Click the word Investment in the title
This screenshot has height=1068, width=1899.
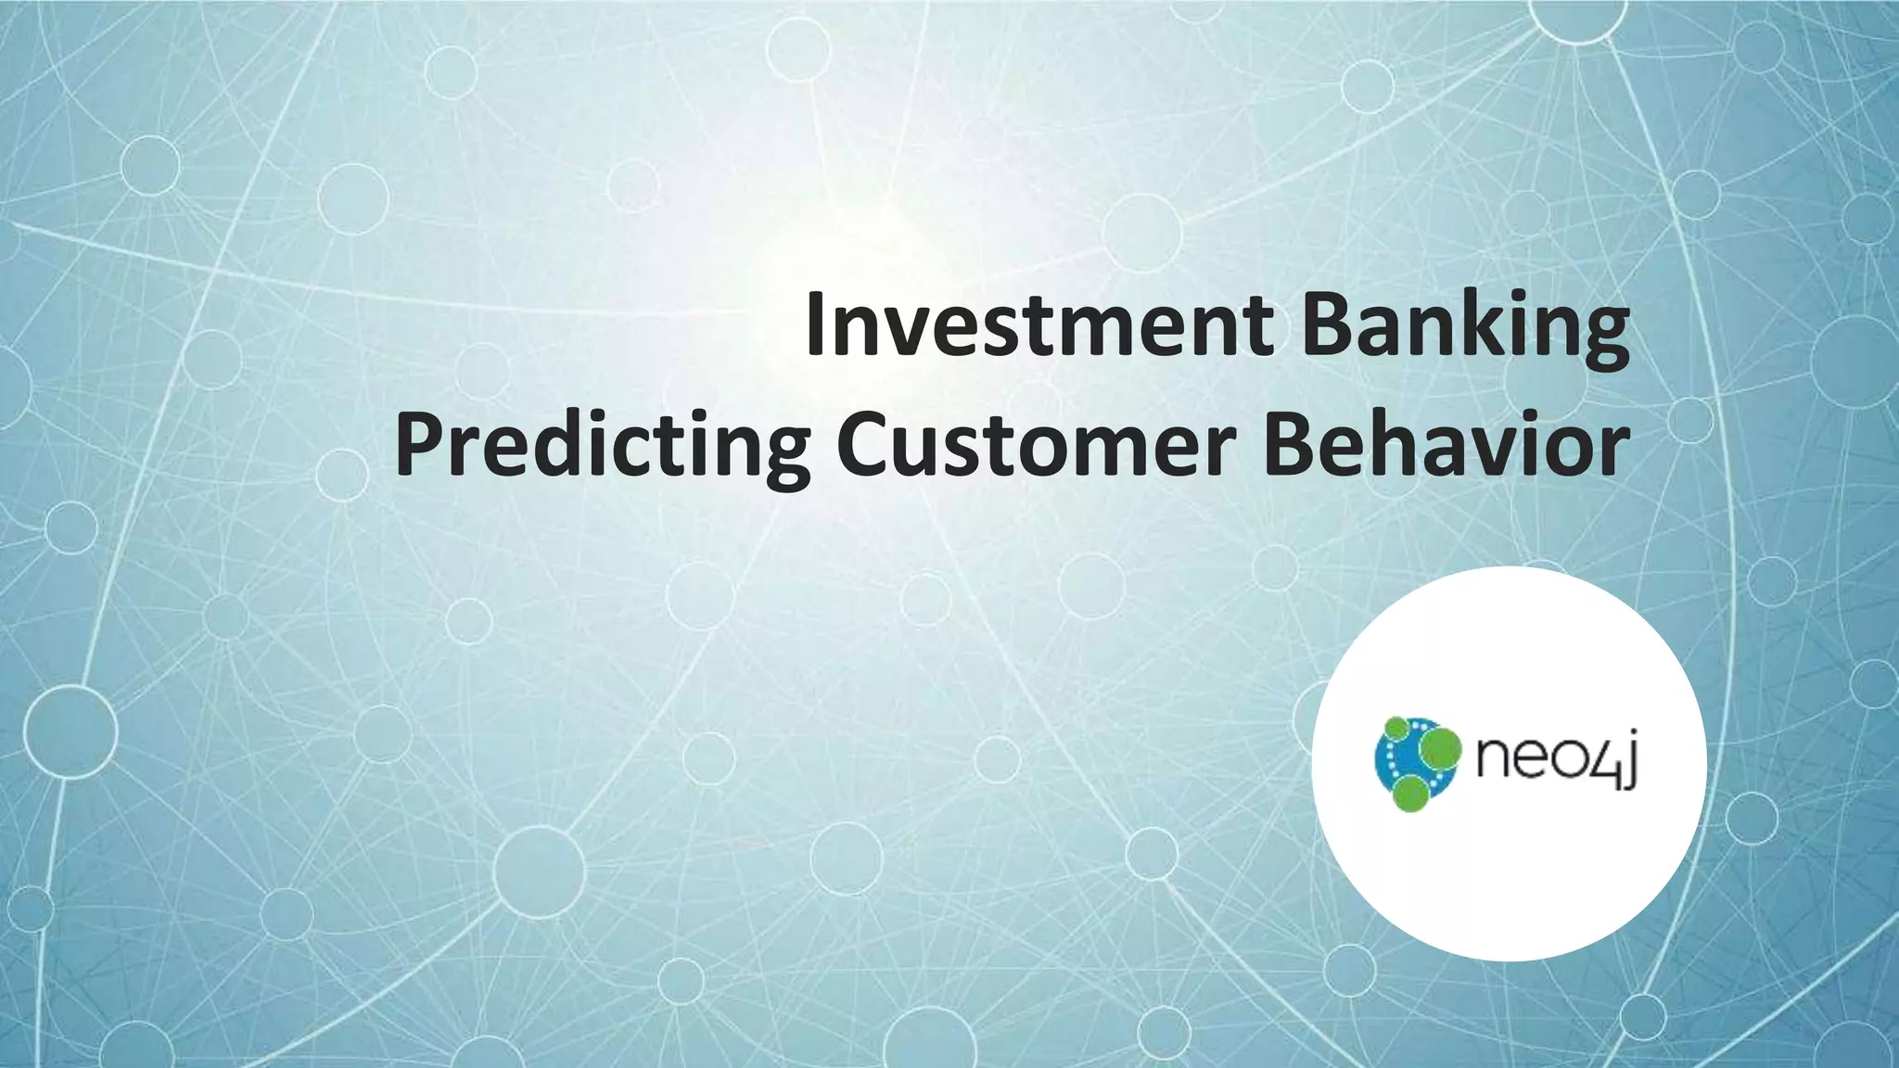click(1039, 324)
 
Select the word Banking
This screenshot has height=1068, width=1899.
click(1465, 324)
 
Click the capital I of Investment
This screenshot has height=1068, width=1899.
click(815, 324)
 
